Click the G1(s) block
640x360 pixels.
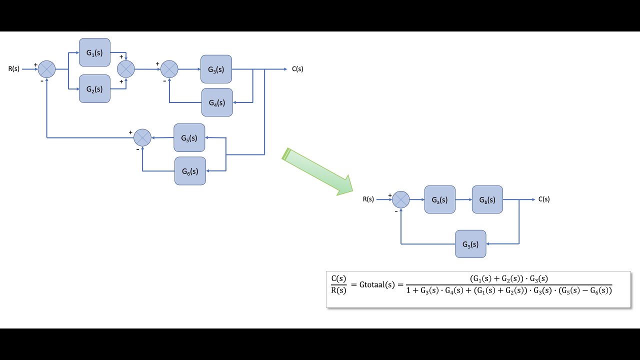[x=94, y=52]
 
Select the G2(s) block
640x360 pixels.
[x=94, y=89]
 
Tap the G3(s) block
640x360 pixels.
[x=216, y=69]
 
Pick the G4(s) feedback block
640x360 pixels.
[x=217, y=102]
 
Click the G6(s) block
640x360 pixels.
[x=190, y=171]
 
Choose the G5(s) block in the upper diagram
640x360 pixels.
[x=189, y=137]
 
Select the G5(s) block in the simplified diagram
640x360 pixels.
[x=470, y=244]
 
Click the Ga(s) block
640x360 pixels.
[x=440, y=199]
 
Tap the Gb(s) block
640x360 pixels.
[x=487, y=199]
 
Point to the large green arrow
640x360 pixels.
[x=317, y=171]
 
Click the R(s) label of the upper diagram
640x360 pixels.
[x=13, y=69]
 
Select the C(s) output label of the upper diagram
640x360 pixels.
[x=297, y=69]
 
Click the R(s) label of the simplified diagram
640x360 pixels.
[x=368, y=199]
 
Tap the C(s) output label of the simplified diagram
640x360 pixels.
[x=544, y=199]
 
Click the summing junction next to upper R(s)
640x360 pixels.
[x=47, y=69]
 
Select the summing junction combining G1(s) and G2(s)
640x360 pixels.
[x=126, y=69]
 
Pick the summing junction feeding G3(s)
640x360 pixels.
[x=169, y=69]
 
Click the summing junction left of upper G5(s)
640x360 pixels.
[x=142, y=137]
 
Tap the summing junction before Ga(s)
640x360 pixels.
[x=401, y=199]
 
